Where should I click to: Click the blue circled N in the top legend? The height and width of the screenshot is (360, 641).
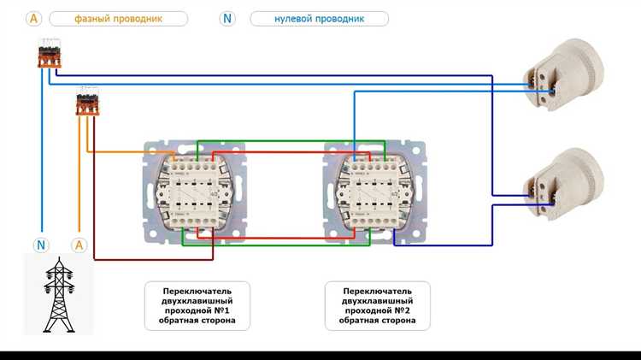[227, 18]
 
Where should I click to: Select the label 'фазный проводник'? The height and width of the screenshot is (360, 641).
[118, 18]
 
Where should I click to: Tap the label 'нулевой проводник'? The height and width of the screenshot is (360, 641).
[319, 18]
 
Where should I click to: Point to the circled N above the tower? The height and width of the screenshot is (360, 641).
[41, 245]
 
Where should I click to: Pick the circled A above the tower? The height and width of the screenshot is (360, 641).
[79, 245]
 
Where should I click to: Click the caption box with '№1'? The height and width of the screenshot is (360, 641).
[197, 305]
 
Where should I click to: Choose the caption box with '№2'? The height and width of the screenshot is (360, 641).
[378, 305]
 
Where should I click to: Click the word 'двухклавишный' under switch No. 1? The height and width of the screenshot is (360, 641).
[197, 300]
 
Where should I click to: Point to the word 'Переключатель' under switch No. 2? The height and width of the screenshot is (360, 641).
[378, 290]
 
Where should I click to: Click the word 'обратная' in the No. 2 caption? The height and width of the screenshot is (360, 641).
[360, 322]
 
